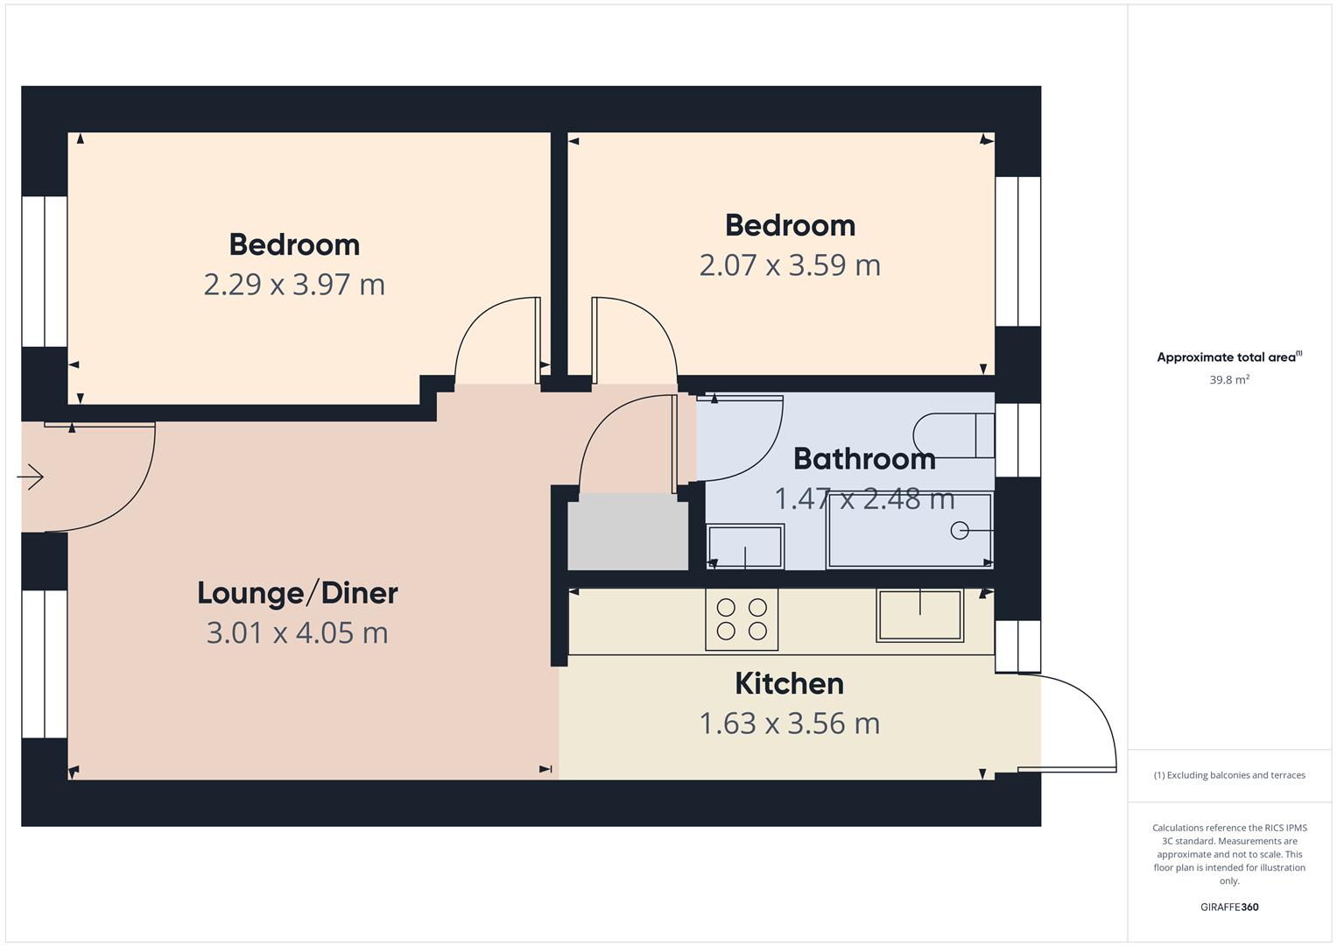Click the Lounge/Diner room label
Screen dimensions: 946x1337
pyautogui.click(x=297, y=593)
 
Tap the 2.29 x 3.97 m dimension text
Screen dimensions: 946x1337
pyautogui.click(x=294, y=285)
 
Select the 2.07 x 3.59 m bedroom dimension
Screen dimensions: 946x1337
pyautogui.click(x=790, y=265)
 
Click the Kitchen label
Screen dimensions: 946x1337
pyautogui.click(x=789, y=683)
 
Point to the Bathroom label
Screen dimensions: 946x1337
pyautogui.click(x=864, y=458)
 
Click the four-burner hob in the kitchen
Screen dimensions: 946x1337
pyautogui.click(x=742, y=619)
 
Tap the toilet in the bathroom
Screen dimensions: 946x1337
pyautogui.click(x=953, y=435)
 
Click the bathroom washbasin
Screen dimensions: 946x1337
pyautogui.click(x=745, y=547)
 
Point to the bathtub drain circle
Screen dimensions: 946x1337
pyautogui.click(x=960, y=530)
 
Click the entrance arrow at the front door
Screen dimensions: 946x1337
pyautogui.click(x=31, y=477)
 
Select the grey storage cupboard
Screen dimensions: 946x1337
pyautogui.click(x=628, y=532)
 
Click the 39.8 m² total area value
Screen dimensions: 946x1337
pyautogui.click(x=1229, y=380)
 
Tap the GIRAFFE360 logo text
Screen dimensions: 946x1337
pyautogui.click(x=1229, y=907)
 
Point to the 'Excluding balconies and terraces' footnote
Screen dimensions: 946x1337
pyautogui.click(x=1229, y=775)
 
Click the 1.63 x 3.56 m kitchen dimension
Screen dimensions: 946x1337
pyautogui.click(x=789, y=724)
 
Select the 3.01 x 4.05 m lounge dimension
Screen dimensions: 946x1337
pyautogui.click(x=297, y=632)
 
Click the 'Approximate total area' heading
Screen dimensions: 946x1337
pyautogui.click(x=1228, y=357)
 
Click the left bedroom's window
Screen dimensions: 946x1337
pyautogui.click(x=45, y=271)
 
